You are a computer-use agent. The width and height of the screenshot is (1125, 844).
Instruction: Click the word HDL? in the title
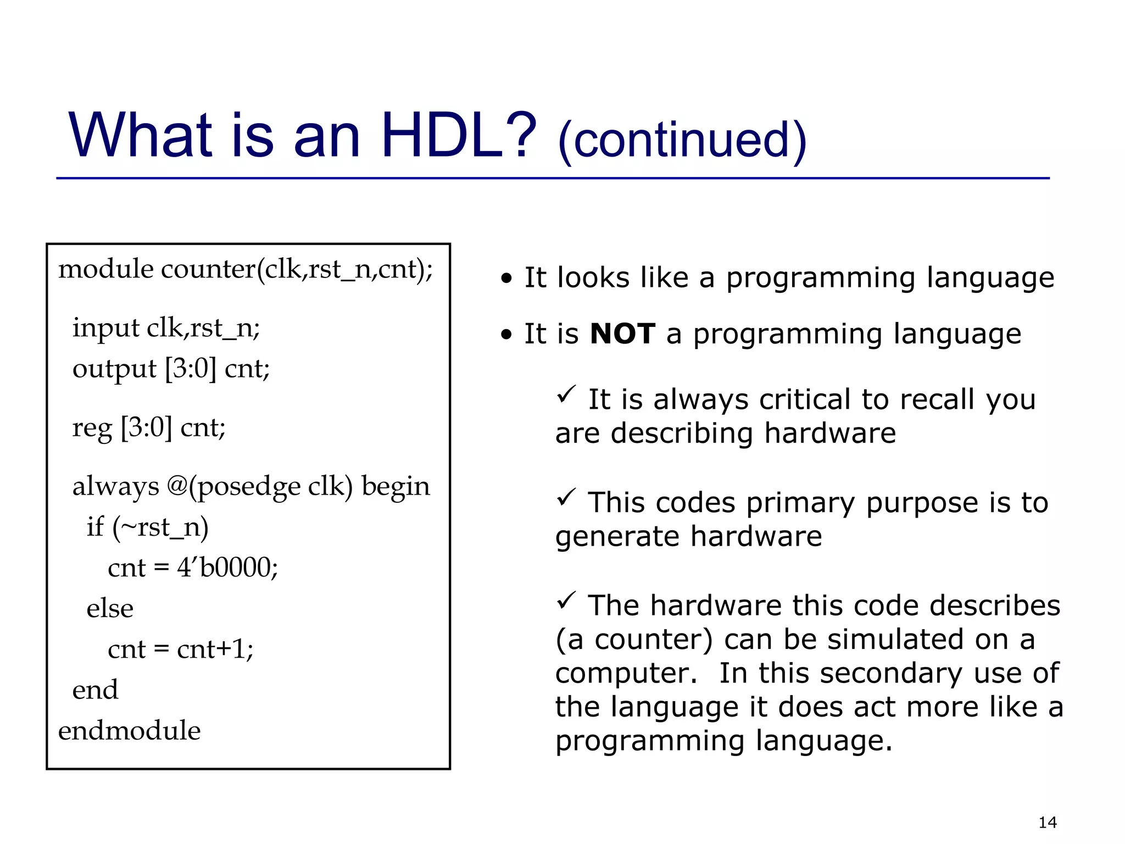[x=458, y=135]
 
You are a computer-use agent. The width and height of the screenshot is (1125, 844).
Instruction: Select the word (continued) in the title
[x=682, y=141]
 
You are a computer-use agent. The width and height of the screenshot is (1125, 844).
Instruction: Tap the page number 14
[x=1048, y=823]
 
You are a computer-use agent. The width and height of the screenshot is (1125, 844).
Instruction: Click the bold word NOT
[x=622, y=334]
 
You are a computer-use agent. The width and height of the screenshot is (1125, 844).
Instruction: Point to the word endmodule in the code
[x=129, y=730]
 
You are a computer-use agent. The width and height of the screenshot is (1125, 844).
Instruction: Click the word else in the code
[x=110, y=608]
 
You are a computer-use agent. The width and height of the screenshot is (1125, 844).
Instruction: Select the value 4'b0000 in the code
[x=226, y=568]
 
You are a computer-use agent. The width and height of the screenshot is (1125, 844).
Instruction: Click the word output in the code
[x=114, y=369]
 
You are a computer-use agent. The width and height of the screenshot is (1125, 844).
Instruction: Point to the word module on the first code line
[x=105, y=269]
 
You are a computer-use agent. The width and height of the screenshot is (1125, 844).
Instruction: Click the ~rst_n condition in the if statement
[x=160, y=527]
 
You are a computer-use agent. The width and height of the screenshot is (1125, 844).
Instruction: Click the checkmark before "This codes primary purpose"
[x=566, y=497]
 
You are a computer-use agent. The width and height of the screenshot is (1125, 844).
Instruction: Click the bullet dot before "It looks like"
[x=506, y=279]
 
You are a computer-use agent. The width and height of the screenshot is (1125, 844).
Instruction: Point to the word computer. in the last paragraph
[x=626, y=673]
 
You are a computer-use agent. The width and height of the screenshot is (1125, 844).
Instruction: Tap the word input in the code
[x=105, y=329]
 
